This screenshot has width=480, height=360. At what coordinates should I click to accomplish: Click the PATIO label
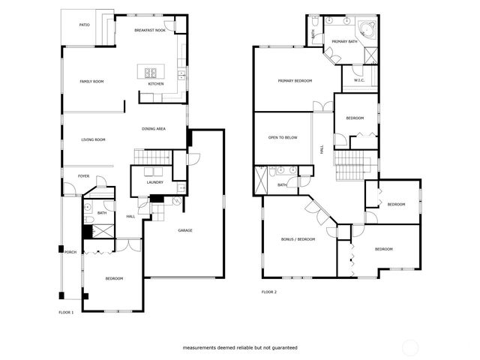(x=85, y=25)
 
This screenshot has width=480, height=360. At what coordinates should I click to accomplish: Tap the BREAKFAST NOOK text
(x=149, y=30)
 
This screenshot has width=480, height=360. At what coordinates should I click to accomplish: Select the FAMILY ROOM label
(x=91, y=81)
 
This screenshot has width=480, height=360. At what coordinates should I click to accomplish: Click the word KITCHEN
(x=156, y=84)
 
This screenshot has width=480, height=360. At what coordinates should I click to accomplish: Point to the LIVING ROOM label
(x=93, y=139)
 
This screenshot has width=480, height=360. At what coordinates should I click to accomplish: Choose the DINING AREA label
(x=154, y=129)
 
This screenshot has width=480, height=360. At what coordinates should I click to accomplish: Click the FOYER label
(x=83, y=176)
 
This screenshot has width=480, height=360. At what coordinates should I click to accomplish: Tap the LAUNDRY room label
(x=155, y=182)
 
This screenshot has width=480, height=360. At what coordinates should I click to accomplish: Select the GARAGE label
(x=185, y=230)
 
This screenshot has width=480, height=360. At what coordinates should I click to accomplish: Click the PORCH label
(x=70, y=252)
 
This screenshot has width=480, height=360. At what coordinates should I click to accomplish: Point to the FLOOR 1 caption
(x=66, y=311)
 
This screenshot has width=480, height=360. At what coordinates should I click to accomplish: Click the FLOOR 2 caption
(x=269, y=292)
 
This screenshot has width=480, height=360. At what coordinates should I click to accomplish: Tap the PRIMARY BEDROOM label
(x=295, y=81)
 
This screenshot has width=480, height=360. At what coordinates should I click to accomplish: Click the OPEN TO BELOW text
(x=283, y=138)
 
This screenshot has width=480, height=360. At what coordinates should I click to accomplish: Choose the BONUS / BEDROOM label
(x=297, y=238)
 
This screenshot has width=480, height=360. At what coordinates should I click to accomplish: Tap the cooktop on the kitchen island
(x=150, y=73)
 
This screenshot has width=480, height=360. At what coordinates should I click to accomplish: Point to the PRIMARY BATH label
(x=345, y=41)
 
